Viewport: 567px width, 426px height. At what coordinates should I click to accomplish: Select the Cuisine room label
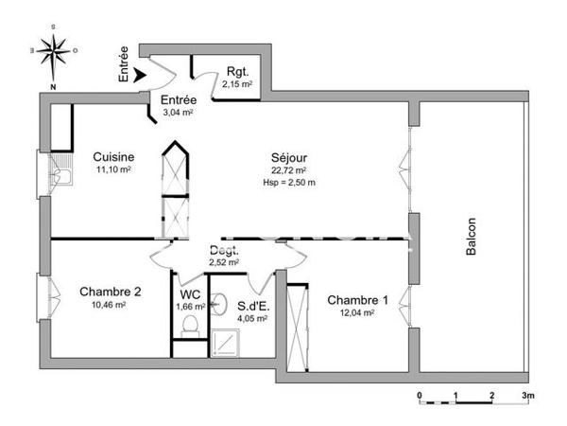pos(112,157)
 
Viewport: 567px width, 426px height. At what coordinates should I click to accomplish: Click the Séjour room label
pos(289,158)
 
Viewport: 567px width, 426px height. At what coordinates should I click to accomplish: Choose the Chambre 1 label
pos(358,300)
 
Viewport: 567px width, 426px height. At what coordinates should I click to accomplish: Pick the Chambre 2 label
pos(110,292)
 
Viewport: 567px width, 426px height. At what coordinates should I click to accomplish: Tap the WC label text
pos(190,293)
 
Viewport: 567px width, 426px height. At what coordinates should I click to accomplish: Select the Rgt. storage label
pos(237,72)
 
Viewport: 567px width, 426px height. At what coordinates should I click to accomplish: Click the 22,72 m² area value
pos(289,170)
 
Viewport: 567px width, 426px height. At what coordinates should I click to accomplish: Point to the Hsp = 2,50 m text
pos(289,183)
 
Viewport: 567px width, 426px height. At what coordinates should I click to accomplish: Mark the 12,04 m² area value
pos(358,313)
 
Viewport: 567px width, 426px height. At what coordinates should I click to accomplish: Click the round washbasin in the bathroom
pos(219,303)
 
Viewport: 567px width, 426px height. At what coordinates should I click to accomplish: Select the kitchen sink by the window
pos(62,174)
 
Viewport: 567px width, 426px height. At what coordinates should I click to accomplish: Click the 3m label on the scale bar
pos(527,395)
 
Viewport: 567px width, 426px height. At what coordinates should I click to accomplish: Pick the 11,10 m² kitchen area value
pos(112,169)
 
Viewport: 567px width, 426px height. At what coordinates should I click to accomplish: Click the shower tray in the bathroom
pos(227,342)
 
